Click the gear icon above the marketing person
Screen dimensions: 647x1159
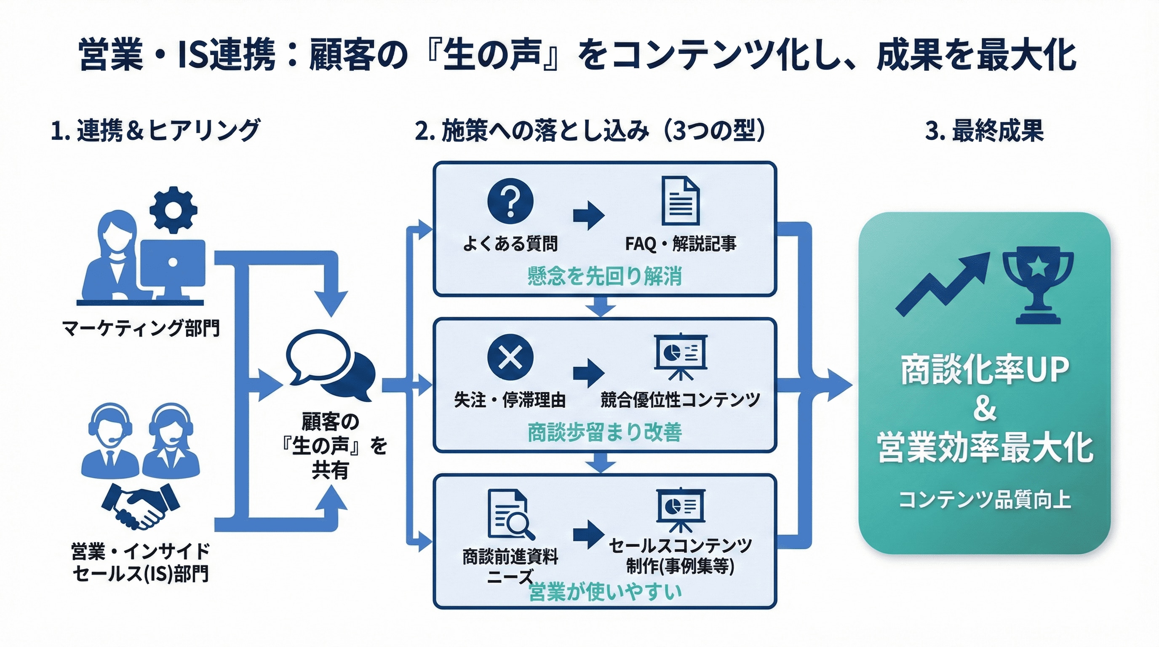[x=173, y=210]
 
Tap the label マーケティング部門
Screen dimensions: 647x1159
[x=141, y=328]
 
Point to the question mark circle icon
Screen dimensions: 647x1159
[x=510, y=201]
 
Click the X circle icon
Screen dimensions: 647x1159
[x=510, y=358]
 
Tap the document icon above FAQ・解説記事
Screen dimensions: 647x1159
[x=680, y=201]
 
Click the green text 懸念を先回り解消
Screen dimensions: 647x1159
[x=604, y=276]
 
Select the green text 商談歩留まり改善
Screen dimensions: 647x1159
[x=604, y=432]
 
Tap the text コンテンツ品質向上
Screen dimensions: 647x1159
[x=984, y=500]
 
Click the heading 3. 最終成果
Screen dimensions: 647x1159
[x=984, y=131]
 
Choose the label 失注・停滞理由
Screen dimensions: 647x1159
[x=510, y=400]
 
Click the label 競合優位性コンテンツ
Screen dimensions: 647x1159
[x=680, y=400]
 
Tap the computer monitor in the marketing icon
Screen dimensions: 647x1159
[x=173, y=265]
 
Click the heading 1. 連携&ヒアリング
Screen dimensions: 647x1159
[x=155, y=131]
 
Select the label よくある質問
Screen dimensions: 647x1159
[x=510, y=244]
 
